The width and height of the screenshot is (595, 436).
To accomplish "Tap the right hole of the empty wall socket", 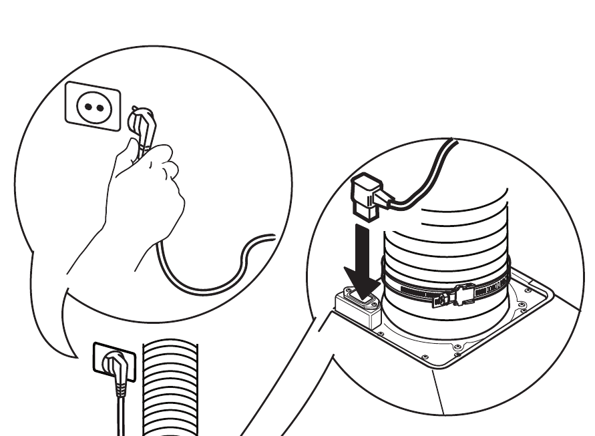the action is [x=100, y=107].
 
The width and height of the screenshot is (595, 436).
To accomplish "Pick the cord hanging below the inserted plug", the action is [x=120, y=414].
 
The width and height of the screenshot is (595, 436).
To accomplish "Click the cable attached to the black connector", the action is [x=427, y=174].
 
